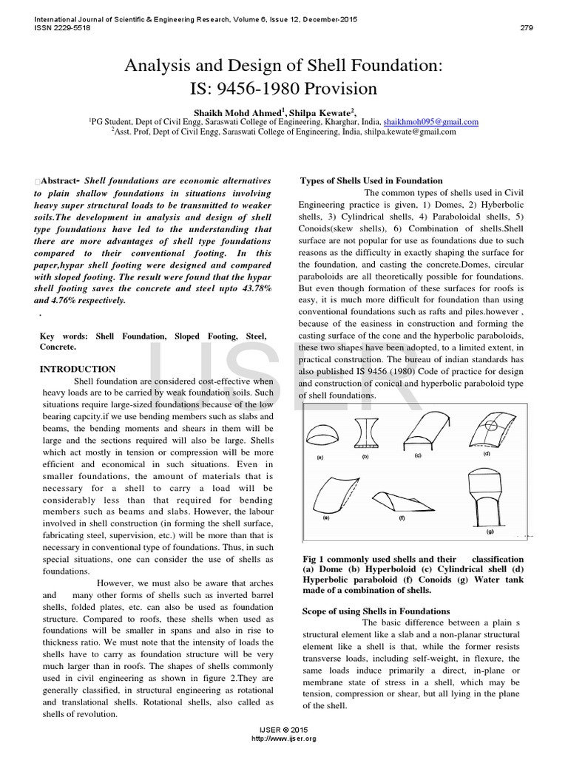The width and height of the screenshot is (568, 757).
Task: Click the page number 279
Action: (x=527, y=29)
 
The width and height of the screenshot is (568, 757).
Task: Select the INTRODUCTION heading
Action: (x=77, y=369)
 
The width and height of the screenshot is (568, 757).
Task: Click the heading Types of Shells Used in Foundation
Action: (x=371, y=180)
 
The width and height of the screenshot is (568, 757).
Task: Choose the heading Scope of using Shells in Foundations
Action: (x=376, y=611)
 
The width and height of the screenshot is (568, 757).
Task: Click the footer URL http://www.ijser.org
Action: (x=284, y=739)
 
